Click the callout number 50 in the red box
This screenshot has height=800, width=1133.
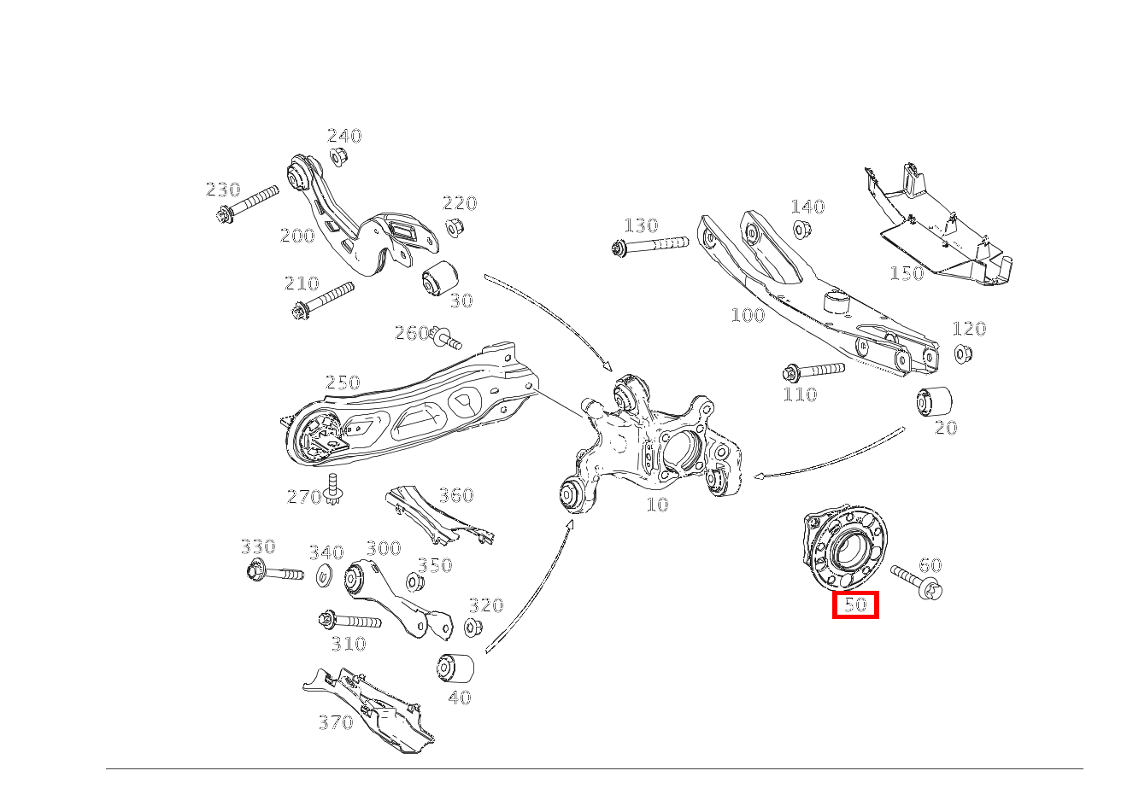coord(855,605)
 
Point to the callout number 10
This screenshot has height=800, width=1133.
coord(657,505)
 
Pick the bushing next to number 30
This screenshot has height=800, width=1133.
coord(440,278)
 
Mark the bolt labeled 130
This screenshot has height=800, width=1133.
coord(650,245)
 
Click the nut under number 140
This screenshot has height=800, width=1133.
coord(799,229)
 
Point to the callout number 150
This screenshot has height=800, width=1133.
coord(907,273)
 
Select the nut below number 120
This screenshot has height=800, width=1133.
coord(963,353)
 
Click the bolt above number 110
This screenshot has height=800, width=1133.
coord(813,371)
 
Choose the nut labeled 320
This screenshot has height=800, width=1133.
coord(473,628)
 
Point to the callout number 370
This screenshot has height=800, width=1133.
coord(336,722)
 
